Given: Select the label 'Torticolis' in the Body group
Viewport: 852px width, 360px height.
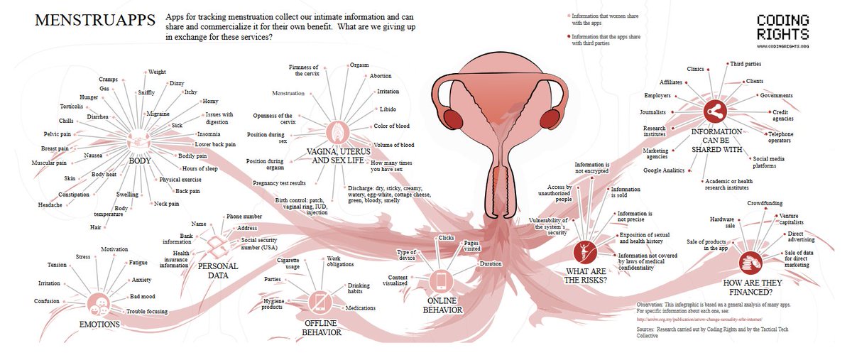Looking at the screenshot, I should click(x=72, y=107).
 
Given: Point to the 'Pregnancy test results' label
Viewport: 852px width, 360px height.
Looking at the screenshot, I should click(x=279, y=183).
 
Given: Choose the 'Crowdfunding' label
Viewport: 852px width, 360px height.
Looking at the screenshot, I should click(x=764, y=204).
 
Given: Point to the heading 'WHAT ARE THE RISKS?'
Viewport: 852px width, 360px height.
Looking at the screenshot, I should click(x=586, y=275).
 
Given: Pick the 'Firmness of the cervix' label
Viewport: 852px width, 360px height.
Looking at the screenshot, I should click(x=304, y=70).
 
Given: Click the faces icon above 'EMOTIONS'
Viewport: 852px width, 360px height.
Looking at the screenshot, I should click(x=98, y=305).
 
